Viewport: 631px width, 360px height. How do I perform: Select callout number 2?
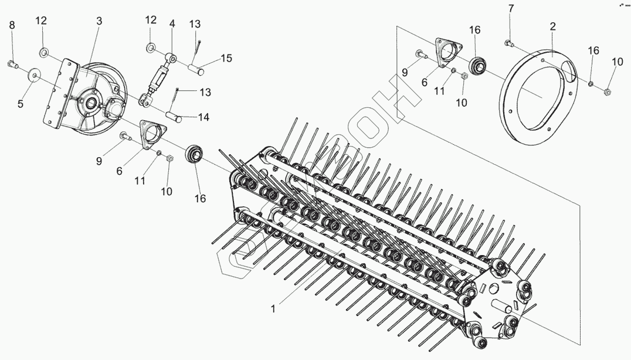point(552,26)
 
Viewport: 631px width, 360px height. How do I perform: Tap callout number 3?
point(99,21)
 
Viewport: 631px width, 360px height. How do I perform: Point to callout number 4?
point(172,24)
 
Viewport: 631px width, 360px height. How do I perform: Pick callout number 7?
point(510,8)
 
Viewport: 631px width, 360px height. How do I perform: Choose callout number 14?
point(203,117)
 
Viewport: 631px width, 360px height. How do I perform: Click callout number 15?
point(226,57)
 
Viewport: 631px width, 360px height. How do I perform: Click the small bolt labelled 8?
point(13,63)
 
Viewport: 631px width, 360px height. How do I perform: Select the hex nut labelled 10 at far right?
point(607,91)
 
